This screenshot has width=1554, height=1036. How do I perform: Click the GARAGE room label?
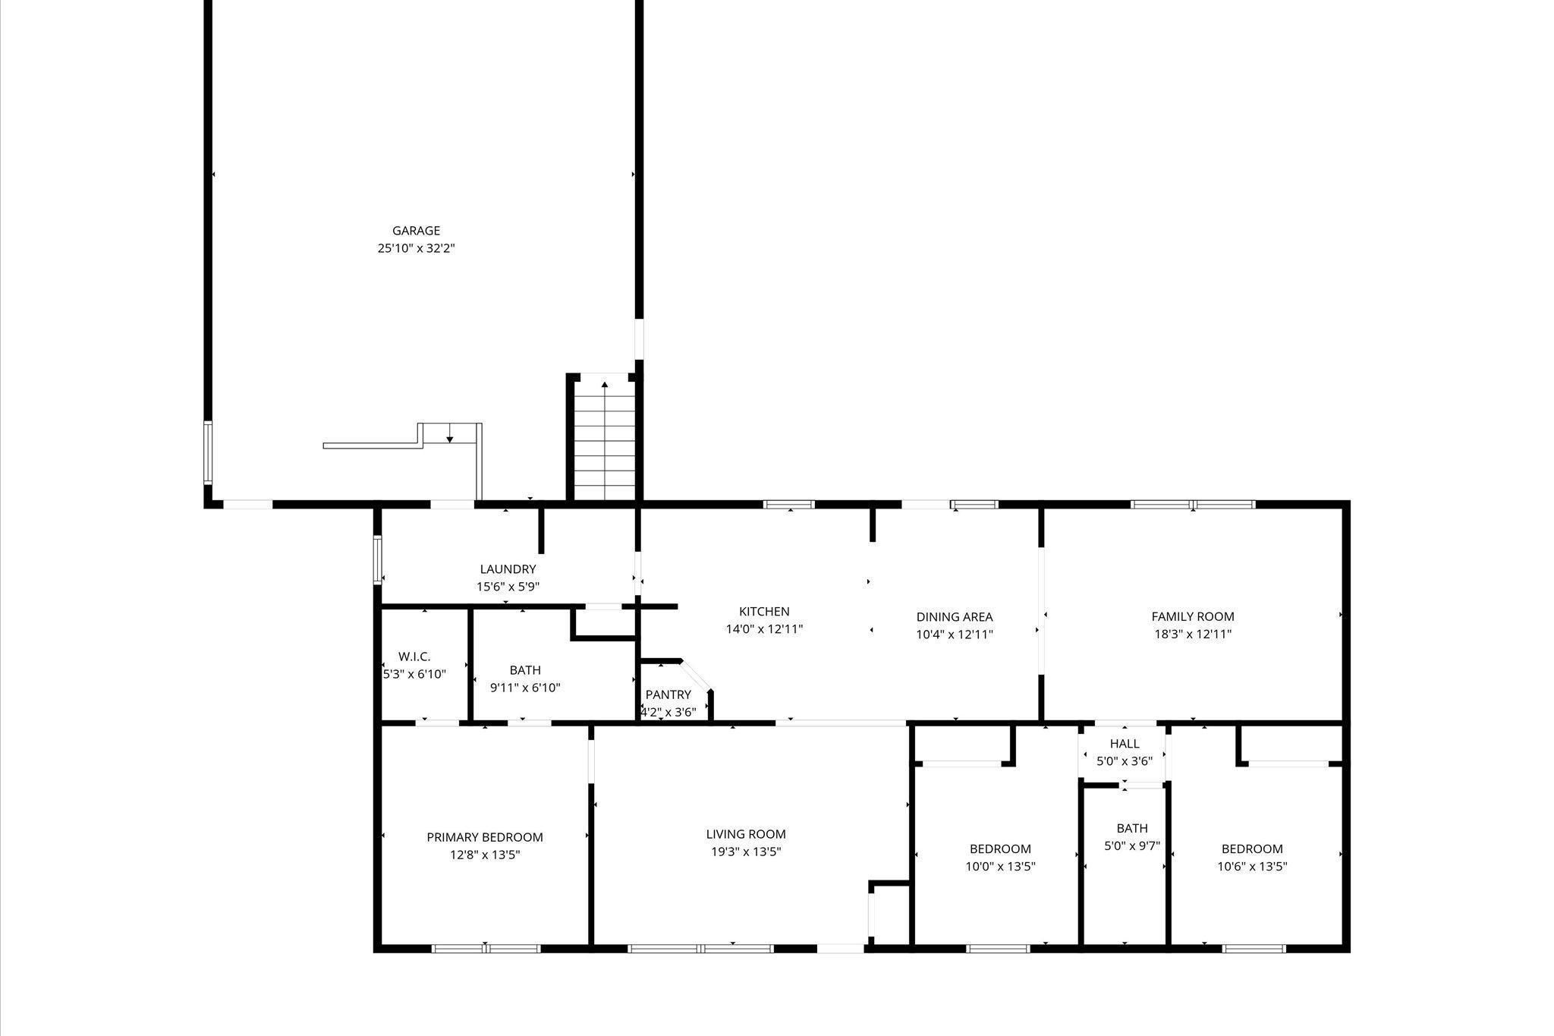click(416, 231)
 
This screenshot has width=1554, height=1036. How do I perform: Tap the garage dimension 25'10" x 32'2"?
click(416, 248)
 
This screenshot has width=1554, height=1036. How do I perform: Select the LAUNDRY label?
click(508, 569)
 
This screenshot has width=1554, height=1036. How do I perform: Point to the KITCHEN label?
click(764, 612)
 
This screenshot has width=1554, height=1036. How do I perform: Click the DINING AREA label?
click(954, 617)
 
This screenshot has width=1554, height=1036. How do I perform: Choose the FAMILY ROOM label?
click(1192, 617)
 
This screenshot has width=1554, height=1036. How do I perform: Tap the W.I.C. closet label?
click(414, 657)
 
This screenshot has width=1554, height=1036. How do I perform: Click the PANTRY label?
click(668, 694)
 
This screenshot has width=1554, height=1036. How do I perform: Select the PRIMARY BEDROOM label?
click(484, 837)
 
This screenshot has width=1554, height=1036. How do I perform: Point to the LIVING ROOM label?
click(745, 834)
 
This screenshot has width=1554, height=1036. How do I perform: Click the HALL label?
click(1124, 744)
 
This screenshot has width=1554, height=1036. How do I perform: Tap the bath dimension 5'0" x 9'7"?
click(1131, 845)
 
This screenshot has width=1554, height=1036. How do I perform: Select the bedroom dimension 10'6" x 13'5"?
click(1252, 866)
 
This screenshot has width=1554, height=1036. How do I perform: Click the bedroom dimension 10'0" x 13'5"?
click(1000, 866)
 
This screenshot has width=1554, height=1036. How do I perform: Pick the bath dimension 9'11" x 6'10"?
click(525, 688)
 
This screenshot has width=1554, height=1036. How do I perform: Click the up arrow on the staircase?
click(604, 386)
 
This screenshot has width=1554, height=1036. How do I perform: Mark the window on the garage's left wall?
click(208, 453)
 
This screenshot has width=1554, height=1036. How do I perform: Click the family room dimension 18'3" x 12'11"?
click(1192, 635)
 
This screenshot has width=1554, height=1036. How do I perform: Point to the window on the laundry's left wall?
click(377, 560)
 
